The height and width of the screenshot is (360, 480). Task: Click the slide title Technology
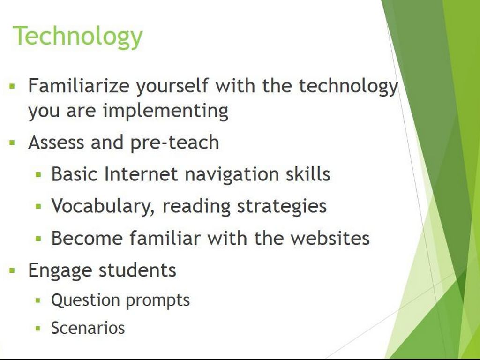(x=78, y=36)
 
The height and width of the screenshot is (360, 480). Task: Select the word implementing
(x=165, y=111)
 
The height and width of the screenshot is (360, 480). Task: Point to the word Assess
(x=56, y=142)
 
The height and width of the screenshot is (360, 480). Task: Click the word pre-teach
(x=175, y=143)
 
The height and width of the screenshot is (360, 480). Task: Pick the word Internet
(x=141, y=174)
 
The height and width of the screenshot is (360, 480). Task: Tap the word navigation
(x=232, y=175)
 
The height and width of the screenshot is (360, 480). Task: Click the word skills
(x=308, y=174)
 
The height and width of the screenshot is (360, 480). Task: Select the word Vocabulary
(x=103, y=206)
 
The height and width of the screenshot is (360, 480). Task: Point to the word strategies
(x=282, y=207)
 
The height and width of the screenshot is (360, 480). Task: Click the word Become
(x=87, y=238)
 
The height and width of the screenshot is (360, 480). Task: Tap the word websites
(x=330, y=238)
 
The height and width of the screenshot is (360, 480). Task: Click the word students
(x=137, y=270)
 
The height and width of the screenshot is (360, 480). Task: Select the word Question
(x=85, y=300)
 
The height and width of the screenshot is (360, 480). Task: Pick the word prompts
(x=157, y=301)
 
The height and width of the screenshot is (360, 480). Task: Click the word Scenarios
(x=88, y=328)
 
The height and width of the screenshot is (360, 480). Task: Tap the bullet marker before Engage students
(x=12, y=270)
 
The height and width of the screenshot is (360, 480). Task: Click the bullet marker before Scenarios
(x=38, y=329)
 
